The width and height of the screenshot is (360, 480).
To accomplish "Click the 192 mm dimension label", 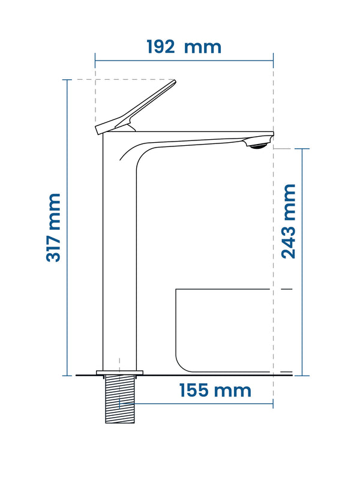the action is [184, 47].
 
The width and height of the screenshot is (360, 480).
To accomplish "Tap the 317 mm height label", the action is [53, 227].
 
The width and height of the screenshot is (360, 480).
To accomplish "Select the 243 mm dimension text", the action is [289, 221].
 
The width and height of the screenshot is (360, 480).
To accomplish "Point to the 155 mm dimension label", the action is [215, 391].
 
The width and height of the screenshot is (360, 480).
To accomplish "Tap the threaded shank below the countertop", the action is [120, 399].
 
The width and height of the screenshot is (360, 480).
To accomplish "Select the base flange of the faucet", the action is [119, 373].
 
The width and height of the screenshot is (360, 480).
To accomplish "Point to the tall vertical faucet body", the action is [119, 251].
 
